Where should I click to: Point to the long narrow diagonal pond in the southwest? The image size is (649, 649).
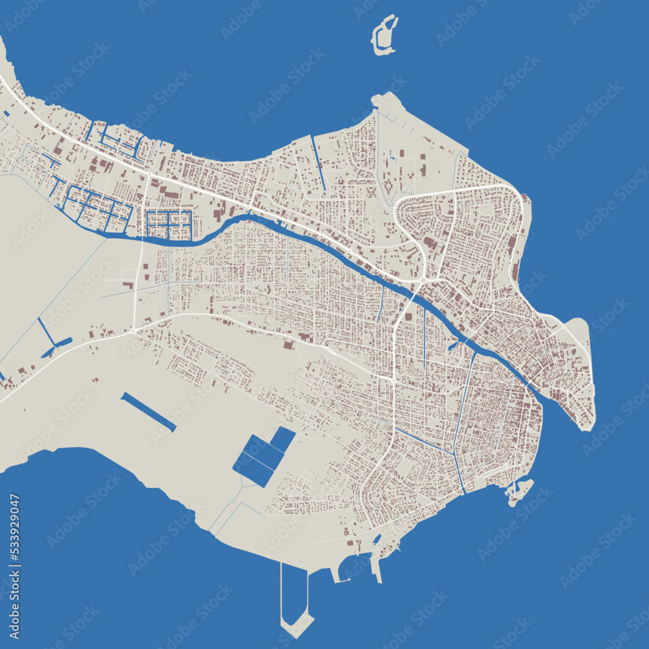[148, 411]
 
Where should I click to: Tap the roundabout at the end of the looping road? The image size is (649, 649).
[423, 280]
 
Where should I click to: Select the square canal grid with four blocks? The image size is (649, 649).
[168, 225]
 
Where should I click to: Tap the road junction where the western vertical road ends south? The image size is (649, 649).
[133, 330]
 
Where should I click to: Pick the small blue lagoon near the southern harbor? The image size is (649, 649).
[376, 539]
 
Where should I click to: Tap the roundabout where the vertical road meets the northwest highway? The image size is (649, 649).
[149, 175]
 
